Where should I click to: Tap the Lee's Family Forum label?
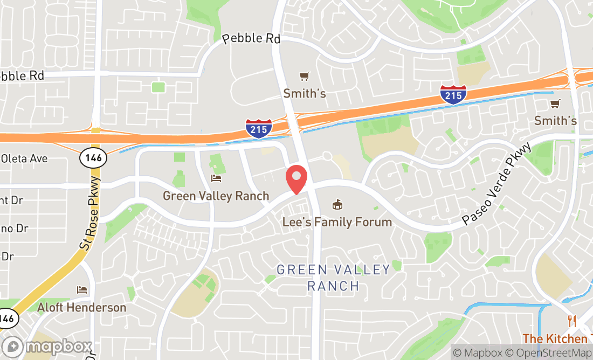tap(337, 221)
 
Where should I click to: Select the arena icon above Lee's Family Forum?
tap(337, 204)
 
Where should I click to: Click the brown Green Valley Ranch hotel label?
tap(216, 196)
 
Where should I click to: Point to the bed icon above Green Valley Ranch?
tap(216, 178)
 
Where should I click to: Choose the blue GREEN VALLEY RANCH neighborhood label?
tap(333, 277)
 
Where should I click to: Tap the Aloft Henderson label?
tap(81, 308)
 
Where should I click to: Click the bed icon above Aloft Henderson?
tap(82, 290)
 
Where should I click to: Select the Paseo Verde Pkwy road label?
tap(497, 184)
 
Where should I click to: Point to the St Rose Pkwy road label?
tap(89, 213)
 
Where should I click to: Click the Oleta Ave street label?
tap(24, 158)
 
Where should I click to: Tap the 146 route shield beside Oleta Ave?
tap(93, 158)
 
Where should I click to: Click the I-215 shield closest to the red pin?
tap(259, 128)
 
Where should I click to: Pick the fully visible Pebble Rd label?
tap(251, 39)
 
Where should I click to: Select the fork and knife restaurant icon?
tap(571, 322)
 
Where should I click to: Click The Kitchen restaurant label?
tap(557, 339)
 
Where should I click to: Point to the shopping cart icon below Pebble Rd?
tap(305, 76)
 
